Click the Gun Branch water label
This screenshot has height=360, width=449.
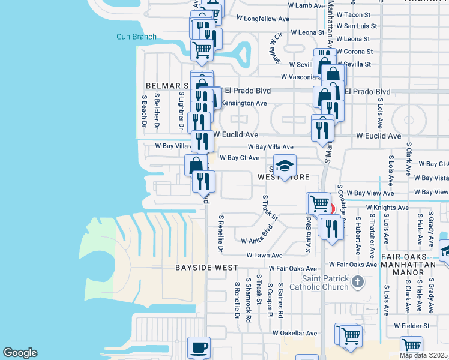136,37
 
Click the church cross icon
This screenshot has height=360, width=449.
357,281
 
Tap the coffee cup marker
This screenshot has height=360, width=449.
199,347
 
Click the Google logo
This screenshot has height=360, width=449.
20,353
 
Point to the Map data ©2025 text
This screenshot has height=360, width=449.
424,355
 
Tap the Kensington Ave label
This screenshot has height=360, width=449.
244,103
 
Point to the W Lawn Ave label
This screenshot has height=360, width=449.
265,255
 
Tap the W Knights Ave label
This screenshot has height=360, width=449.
387,208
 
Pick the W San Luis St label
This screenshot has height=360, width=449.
357,26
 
